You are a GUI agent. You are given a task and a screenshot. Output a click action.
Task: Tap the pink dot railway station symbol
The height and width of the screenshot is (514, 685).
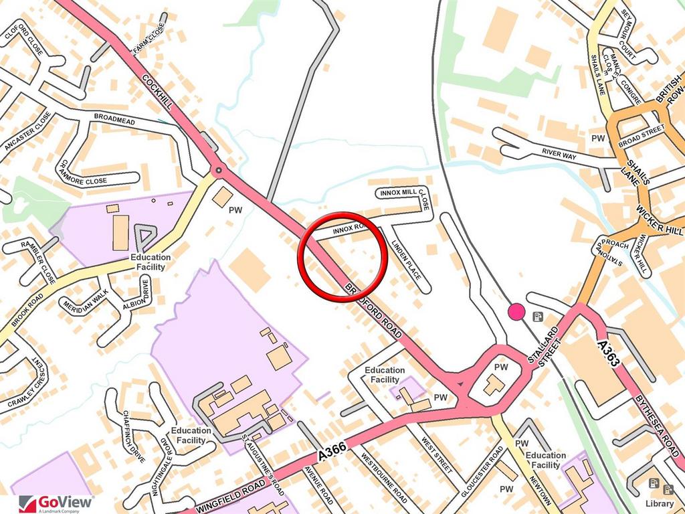tap(516, 311)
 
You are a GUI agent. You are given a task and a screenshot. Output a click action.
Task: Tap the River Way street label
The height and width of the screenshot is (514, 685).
tap(559, 153)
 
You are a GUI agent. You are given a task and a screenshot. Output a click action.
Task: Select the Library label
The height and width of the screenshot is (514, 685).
tap(660, 503)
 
